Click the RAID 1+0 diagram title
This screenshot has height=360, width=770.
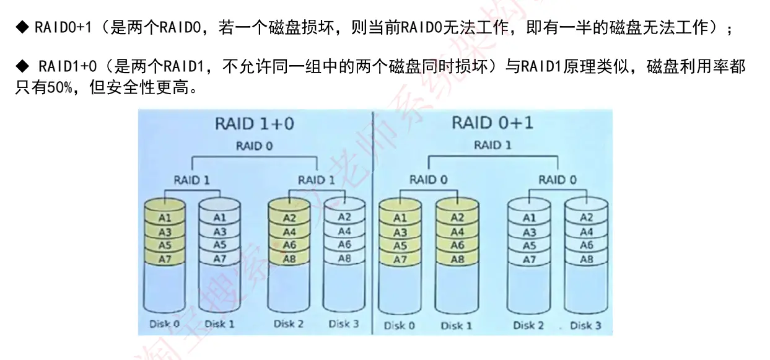(x=254, y=123)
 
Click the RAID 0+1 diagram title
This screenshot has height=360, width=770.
(x=492, y=122)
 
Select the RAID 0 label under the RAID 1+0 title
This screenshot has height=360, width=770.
(x=254, y=147)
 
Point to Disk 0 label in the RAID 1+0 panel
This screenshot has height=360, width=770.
(x=164, y=323)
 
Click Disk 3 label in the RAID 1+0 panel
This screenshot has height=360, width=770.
(x=343, y=323)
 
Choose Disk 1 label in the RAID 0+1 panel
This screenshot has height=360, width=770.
(x=457, y=325)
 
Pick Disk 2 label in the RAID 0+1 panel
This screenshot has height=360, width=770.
(x=528, y=325)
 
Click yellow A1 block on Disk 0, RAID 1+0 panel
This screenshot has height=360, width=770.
(x=165, y=218)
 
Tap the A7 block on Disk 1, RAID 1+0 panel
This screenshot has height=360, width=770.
(x=220, y=259)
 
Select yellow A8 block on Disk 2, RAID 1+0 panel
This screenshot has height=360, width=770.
(x=289, y=259)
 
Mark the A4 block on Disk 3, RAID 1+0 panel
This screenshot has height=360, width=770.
(x=344, y=231)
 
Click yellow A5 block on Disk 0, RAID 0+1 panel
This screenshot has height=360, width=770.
(x=400, y=246)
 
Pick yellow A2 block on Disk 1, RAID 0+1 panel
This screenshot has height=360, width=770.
(x=457, y=218)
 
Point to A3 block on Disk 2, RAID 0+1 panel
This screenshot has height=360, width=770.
(x=529, y=232)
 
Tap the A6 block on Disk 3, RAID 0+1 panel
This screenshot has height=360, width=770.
(x=586, y=245)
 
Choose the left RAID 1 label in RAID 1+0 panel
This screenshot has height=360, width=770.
(x=192, y=180)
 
